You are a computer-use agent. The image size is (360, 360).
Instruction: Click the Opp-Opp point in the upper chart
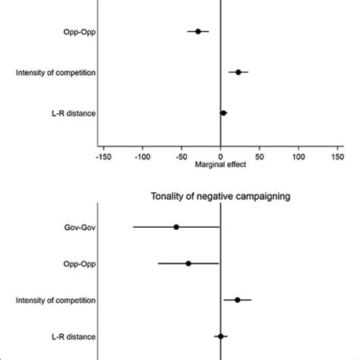[x=198, y=31]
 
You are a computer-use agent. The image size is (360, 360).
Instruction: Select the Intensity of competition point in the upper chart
[x=238, y=72]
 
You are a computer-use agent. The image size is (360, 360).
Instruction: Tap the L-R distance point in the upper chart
[x=223, y=113]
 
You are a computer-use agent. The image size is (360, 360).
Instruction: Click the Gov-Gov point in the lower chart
[x=176, y=227]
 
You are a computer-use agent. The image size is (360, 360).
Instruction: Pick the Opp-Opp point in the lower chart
[x=188, y=264]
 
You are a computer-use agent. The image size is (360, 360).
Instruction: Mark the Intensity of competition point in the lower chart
[x=238, y=300]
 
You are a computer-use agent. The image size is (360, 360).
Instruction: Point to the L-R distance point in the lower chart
[x=221, y=336]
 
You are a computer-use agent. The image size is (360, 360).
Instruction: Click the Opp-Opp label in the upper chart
[x=80, y=32]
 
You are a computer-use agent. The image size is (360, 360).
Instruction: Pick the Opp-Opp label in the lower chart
[x=80, y=264]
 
